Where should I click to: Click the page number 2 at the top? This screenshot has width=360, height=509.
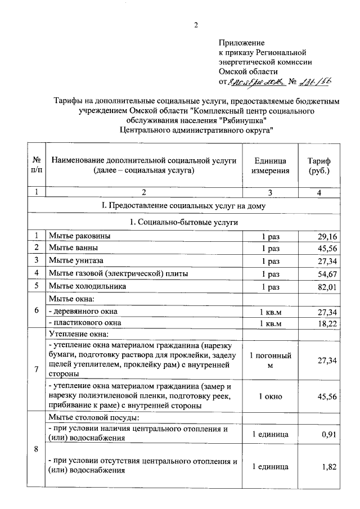(196, 24)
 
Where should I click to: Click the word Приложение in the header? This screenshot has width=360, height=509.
(241, 42)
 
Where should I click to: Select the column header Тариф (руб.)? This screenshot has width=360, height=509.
(319, 166)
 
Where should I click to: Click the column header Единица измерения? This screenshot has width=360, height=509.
(271, 166)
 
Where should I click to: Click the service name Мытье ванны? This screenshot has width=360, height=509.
(73, 247)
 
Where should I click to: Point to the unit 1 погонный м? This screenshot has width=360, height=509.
(271, 361)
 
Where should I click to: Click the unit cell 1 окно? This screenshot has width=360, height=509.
(271, 396)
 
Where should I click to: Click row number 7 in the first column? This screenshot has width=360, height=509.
(37, 369)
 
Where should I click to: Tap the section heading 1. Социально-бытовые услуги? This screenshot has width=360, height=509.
(183, 222)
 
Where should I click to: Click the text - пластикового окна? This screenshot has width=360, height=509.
(85, 323)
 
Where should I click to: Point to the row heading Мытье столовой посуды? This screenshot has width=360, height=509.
(93, 418)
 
